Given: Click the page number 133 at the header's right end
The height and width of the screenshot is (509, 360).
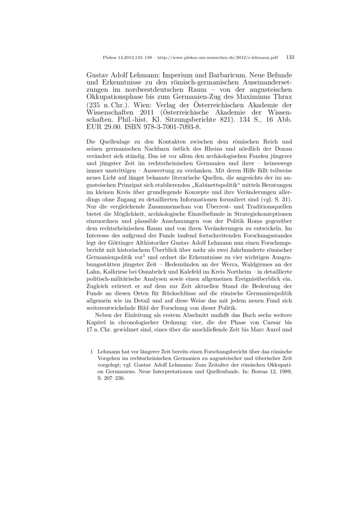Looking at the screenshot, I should [x=290, y=58].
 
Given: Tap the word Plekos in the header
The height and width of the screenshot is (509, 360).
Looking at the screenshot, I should [x=110, y=58].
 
